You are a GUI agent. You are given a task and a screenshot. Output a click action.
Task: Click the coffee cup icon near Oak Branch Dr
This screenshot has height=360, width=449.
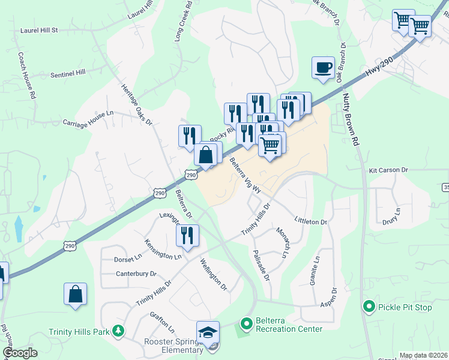tap(323, 67)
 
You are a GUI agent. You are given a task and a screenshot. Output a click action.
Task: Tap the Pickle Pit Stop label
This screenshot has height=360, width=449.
tap(405, 308)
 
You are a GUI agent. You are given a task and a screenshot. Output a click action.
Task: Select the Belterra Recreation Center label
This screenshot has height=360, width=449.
tap(289, 325)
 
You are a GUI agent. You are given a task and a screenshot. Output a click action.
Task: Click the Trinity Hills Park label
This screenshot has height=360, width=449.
tap(79, 331)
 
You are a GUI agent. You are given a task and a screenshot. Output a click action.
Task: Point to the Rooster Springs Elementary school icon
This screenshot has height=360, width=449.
tap(208, 332)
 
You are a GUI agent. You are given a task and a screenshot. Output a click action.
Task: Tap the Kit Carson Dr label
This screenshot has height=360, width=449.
tap(388, 170)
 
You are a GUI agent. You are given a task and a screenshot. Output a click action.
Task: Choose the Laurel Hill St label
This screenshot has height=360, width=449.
tap(38, 29)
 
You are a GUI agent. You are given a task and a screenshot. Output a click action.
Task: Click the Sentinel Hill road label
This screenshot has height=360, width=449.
tap(68, 71)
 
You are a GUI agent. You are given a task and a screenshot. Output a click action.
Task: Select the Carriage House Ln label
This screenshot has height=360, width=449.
tap(88, 113)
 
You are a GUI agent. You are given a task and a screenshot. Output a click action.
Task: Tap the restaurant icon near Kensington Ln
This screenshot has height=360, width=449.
tap(187, 236)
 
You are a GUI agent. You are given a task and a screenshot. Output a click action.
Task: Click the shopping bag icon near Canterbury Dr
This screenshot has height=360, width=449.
tap(76, 295)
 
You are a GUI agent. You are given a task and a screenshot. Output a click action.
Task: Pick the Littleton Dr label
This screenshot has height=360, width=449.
tap(310, 221)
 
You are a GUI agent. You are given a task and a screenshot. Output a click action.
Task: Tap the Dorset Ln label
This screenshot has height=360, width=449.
tap(127, 260)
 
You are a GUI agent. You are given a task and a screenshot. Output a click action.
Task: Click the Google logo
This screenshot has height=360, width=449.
tap(20, 353)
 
